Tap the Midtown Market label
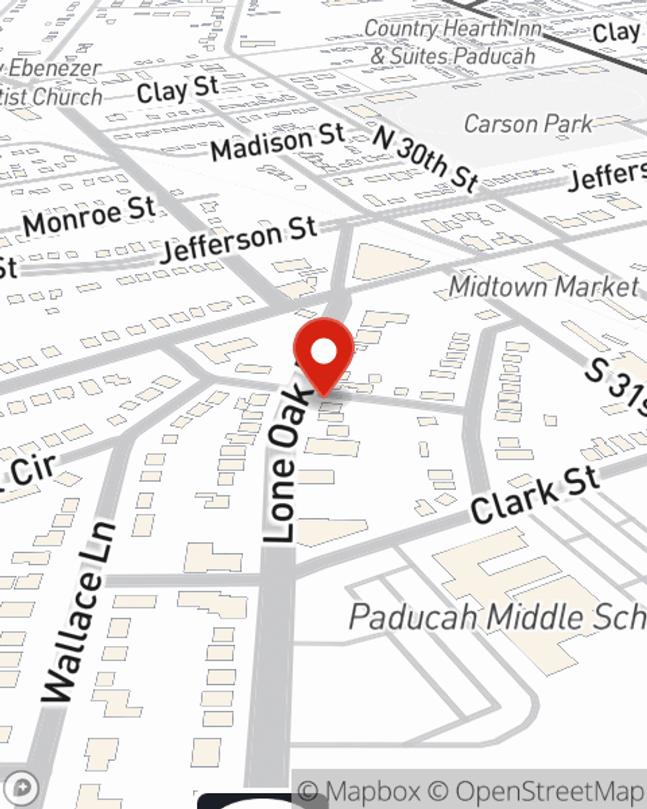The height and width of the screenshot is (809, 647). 543,287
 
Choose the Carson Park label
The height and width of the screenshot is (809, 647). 528,124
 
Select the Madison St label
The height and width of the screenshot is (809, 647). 278,143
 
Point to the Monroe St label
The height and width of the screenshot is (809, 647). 90,216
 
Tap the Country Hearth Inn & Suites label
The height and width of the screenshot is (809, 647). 453,42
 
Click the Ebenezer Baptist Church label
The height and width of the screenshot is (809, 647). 52,83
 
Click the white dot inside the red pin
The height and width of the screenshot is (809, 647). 323,352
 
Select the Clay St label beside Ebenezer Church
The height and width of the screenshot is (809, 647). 177,91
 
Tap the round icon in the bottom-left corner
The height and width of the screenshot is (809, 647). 22,788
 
